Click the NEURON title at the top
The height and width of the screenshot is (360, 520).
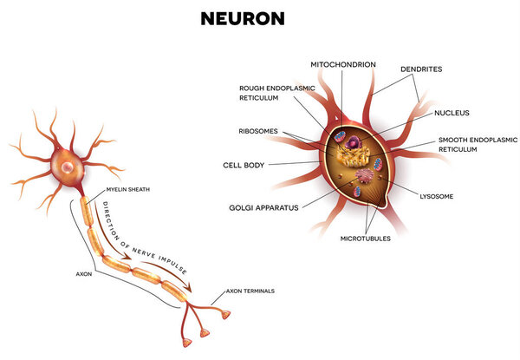[x=258, y=17]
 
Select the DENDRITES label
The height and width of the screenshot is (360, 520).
[x=420, y=69]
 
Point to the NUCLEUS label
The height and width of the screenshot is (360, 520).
[x=451, y=111]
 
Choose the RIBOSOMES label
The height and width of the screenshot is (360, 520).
[x=258, y=131]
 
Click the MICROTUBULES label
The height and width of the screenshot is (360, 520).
[x=365, y=238]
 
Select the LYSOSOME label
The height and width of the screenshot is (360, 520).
[x=436, y=196]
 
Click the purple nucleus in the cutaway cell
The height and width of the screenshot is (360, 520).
[x=354, y=139]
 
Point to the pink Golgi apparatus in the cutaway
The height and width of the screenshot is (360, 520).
[x=366, y=176]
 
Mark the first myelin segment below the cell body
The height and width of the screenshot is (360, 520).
[x=87, y=211]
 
